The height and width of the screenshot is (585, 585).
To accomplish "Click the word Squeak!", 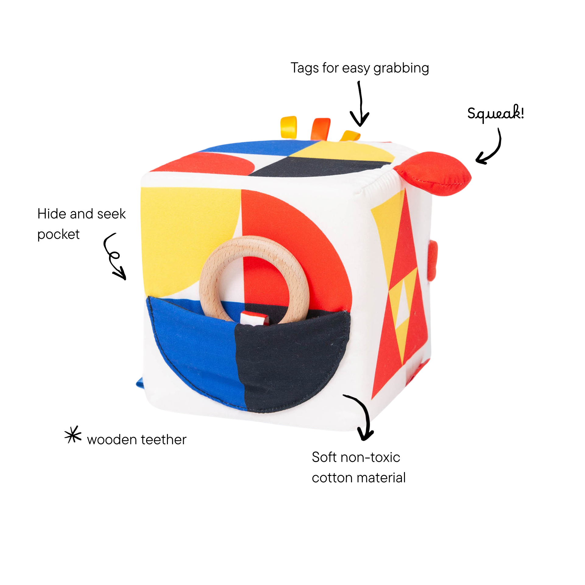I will pyautogui.click(x=495, y=113).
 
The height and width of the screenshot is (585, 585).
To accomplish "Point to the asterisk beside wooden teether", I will pyautogui.click(x=73, y=434).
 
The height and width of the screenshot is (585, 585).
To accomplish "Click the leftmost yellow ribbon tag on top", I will pyautogui.click(x=288, y=127).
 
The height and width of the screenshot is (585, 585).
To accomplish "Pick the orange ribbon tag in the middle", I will pyautogui.click(x=320, y=129).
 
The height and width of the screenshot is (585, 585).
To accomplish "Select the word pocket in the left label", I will pyautogui.click(x=58, y=235).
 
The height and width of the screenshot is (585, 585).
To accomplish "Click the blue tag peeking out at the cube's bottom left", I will pyautogui.click(x=140, y=382).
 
